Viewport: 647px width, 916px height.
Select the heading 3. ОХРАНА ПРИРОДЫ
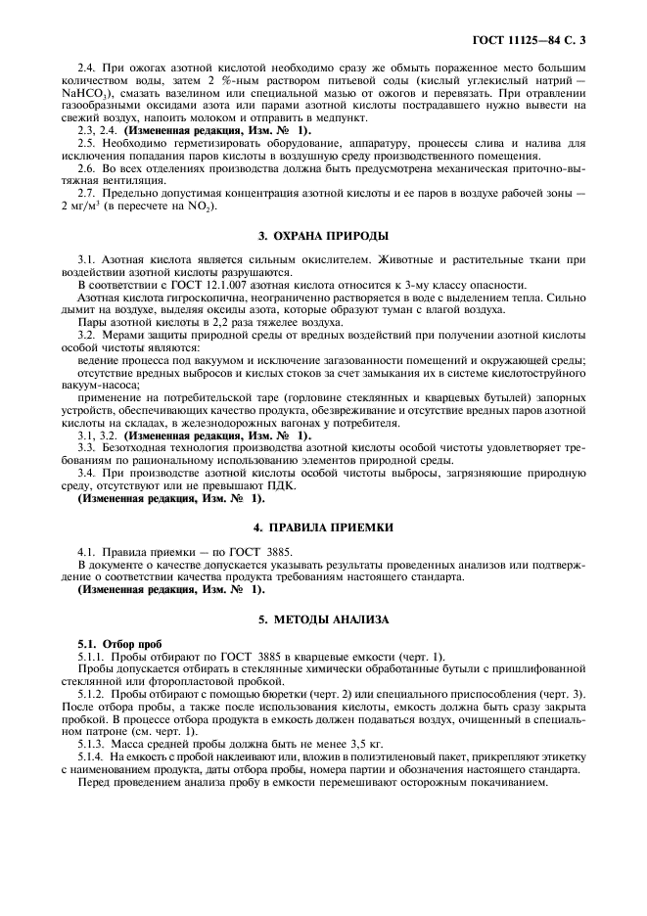pos(323,236)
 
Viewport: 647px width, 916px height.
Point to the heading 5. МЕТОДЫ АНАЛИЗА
pos(323,619)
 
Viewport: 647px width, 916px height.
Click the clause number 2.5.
pos(88,143)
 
